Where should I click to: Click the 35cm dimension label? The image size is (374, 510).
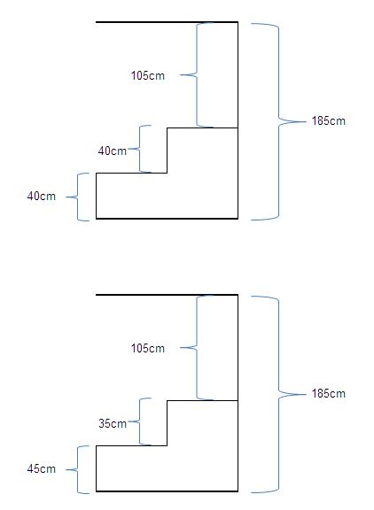(x=113, y=423)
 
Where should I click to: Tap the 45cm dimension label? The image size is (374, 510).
(x=42, y=468)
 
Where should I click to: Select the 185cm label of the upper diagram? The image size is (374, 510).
(x=329, y=120)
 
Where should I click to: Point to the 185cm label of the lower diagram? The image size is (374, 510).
(x=329, y=393)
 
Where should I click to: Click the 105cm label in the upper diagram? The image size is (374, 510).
(x=148, y=75)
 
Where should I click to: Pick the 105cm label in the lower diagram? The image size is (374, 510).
(x=148, y=348)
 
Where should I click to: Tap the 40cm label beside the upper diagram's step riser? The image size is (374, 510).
(x=113, y=151)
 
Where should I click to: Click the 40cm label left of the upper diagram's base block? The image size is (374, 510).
(x=42, y=196)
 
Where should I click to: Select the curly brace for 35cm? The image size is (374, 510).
(x=140, y=421)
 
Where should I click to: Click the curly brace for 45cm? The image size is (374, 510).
(x=78, y=469)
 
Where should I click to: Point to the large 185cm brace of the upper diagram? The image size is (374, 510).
(x=279, y=121)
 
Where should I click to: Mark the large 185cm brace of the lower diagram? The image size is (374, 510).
(x=279, y=394)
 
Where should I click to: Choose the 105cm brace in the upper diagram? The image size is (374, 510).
(x=197, y=74)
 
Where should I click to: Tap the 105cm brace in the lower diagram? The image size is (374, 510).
(x=197, y=347)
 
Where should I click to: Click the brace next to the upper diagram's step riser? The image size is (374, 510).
(x=140, y=149)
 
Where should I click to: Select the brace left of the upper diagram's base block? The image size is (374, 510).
(x=78, y=197)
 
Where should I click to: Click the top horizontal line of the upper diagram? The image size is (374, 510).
(x=167, y=22)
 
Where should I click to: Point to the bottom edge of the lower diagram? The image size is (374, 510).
(x=167, y=491)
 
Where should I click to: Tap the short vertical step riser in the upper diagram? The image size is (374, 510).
(x=167, y=151)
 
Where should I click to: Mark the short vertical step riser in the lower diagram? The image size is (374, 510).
(x=167, y=423)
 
